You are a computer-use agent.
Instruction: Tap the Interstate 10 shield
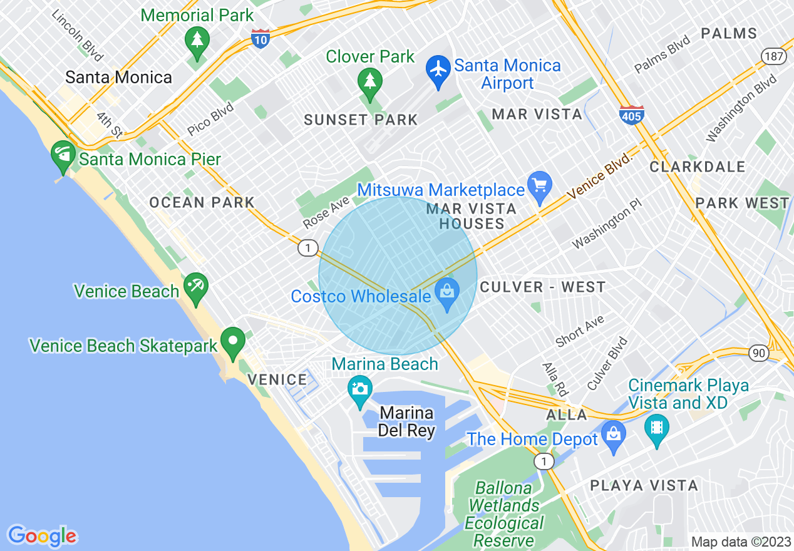pyautogui.click(x=260, y=39)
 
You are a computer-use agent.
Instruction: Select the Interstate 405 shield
pyautogui.click(x=632, y=115)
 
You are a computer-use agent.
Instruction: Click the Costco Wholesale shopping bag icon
pyautogui.click(x=447, y=292)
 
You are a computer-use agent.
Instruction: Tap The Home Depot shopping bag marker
pyautogui.click(x=613, y=434)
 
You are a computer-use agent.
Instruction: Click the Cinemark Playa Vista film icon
pyautogui.click(x=656, y=428)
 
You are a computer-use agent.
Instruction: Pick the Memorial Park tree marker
pyautogui.click(x=197, y=41)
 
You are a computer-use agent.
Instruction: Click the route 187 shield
pyautogui.click(x=774, y=56)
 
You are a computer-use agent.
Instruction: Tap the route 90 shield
pyautogui.click(x=758, y=353)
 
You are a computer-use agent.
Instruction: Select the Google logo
pyautogui.click(x=42, y=536)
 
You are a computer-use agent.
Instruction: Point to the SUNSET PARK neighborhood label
pyautogui.click(x=361, y=120)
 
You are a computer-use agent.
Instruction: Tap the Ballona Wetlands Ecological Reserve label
pyautogui.click(x=505, y=514)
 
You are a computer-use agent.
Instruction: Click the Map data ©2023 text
pyautogui.click(x=740, y=542)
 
